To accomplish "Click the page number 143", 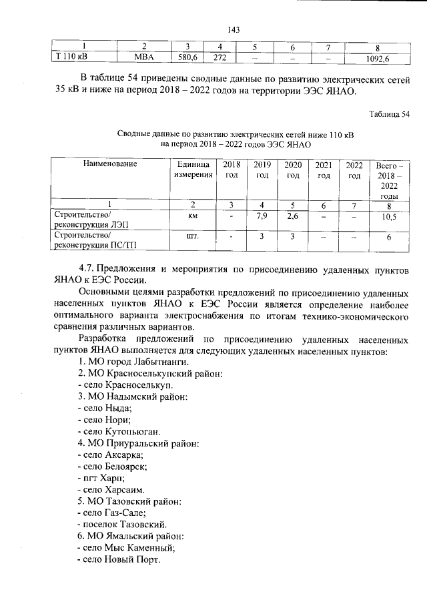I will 233,29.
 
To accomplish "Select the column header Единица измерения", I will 193,170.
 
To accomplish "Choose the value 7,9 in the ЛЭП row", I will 262,216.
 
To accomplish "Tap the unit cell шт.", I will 193,236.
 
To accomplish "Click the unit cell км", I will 193,216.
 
